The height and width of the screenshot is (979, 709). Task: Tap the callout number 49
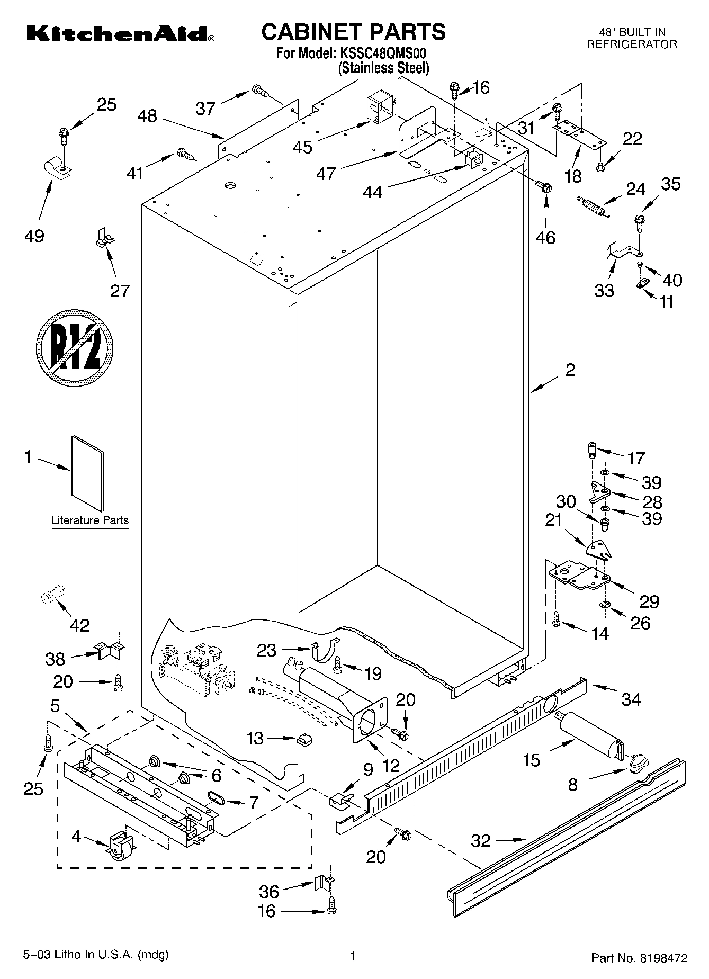click(34, 236)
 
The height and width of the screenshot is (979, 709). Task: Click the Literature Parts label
click(90, 520)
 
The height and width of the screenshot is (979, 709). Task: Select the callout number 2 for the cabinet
click(570, 370)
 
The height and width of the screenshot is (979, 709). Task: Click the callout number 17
click(635, 457)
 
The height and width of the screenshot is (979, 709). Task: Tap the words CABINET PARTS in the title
click(354, 32)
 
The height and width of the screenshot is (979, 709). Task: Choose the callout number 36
click(268, 892)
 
